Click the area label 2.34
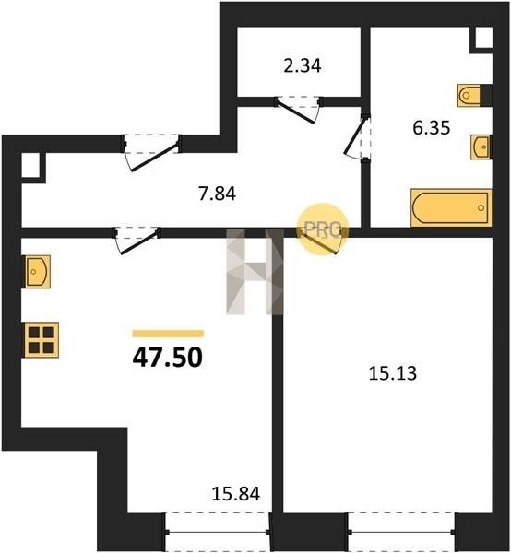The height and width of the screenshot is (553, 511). (303, 66)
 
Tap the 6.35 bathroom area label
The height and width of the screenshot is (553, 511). (432, 128)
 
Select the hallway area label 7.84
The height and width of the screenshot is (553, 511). (217, 194)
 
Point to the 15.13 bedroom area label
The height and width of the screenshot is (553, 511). (392, 373)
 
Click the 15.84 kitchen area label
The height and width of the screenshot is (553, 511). (236, 494)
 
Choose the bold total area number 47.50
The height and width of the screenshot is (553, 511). (168, 358)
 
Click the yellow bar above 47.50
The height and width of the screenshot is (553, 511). (168, 334)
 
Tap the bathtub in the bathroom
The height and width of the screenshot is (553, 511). (451, 207)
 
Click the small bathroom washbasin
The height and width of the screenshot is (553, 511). (481, 147)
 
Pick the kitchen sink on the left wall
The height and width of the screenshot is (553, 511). (37, 272)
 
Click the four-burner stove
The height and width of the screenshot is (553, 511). (42, 340)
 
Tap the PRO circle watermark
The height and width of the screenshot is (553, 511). (323, 229)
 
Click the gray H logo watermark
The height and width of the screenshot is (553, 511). (255, 272)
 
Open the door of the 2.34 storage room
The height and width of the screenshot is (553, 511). (298, 110)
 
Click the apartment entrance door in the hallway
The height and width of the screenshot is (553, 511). (152, 152)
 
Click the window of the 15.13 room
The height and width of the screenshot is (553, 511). (401, 532)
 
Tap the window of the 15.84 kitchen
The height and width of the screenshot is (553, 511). (218, 532)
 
